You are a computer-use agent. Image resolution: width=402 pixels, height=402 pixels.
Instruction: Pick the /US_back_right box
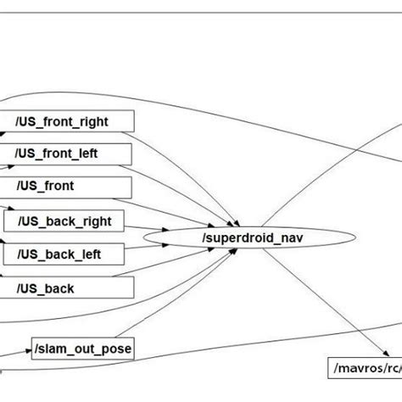pos(74,221)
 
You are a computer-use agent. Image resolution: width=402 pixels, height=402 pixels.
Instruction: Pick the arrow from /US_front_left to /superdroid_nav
pos(187,182)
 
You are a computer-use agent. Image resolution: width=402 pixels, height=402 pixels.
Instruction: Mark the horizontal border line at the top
pos(201,13)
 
